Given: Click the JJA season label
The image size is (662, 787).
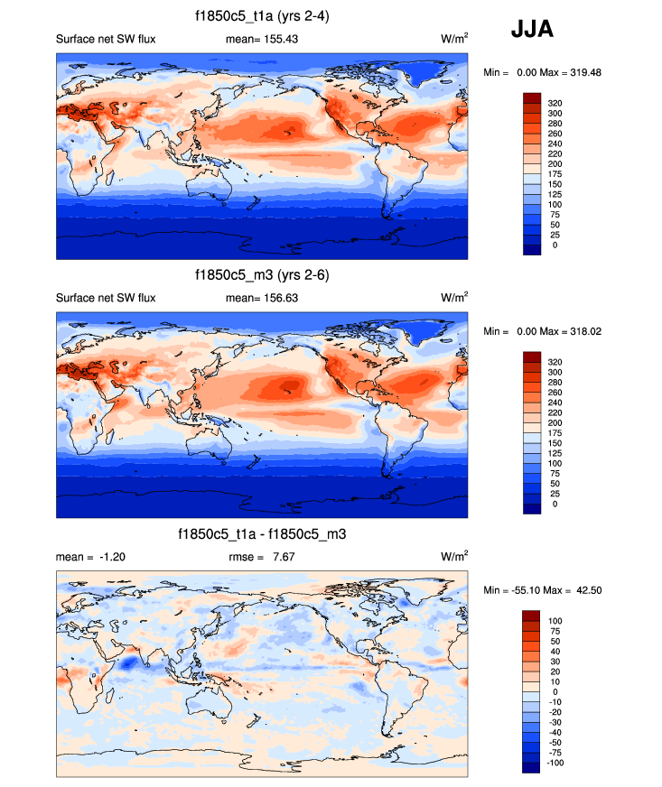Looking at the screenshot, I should [533, 30].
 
